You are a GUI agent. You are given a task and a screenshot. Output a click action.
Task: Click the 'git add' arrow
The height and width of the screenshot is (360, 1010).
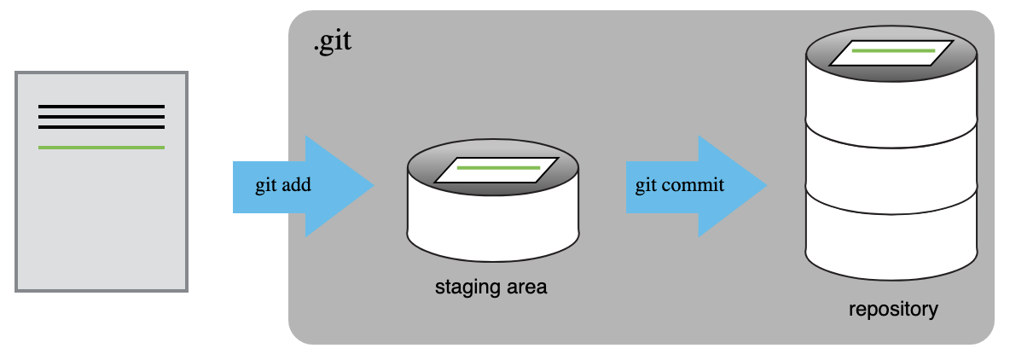point(304,186)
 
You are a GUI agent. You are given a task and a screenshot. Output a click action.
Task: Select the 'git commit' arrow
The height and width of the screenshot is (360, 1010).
point(696,186)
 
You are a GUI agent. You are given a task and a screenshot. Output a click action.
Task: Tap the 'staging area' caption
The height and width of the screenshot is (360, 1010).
point(490,287)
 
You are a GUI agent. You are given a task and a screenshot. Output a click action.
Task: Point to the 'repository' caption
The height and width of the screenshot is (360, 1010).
point(893,309)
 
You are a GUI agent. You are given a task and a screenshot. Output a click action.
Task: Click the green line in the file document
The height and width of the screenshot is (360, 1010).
point(102,148)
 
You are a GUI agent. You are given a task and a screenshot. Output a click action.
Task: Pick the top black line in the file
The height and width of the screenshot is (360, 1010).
point(102,107)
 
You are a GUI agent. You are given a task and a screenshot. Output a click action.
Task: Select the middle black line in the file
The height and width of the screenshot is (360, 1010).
point(102,117)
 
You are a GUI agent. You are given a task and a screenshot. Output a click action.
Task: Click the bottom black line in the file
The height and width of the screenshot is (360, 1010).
point(102,127)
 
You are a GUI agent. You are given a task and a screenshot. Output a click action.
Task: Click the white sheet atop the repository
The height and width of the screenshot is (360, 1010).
point(891,53)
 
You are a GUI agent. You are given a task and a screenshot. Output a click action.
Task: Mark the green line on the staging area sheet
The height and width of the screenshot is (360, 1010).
point(498,168)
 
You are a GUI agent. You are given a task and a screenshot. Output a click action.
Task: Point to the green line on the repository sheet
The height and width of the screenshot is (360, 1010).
point(893,50)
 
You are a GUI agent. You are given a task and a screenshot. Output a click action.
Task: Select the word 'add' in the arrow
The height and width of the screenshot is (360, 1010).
point(297,185)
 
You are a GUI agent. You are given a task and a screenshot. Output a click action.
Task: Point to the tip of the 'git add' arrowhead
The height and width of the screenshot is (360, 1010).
point(374,186)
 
